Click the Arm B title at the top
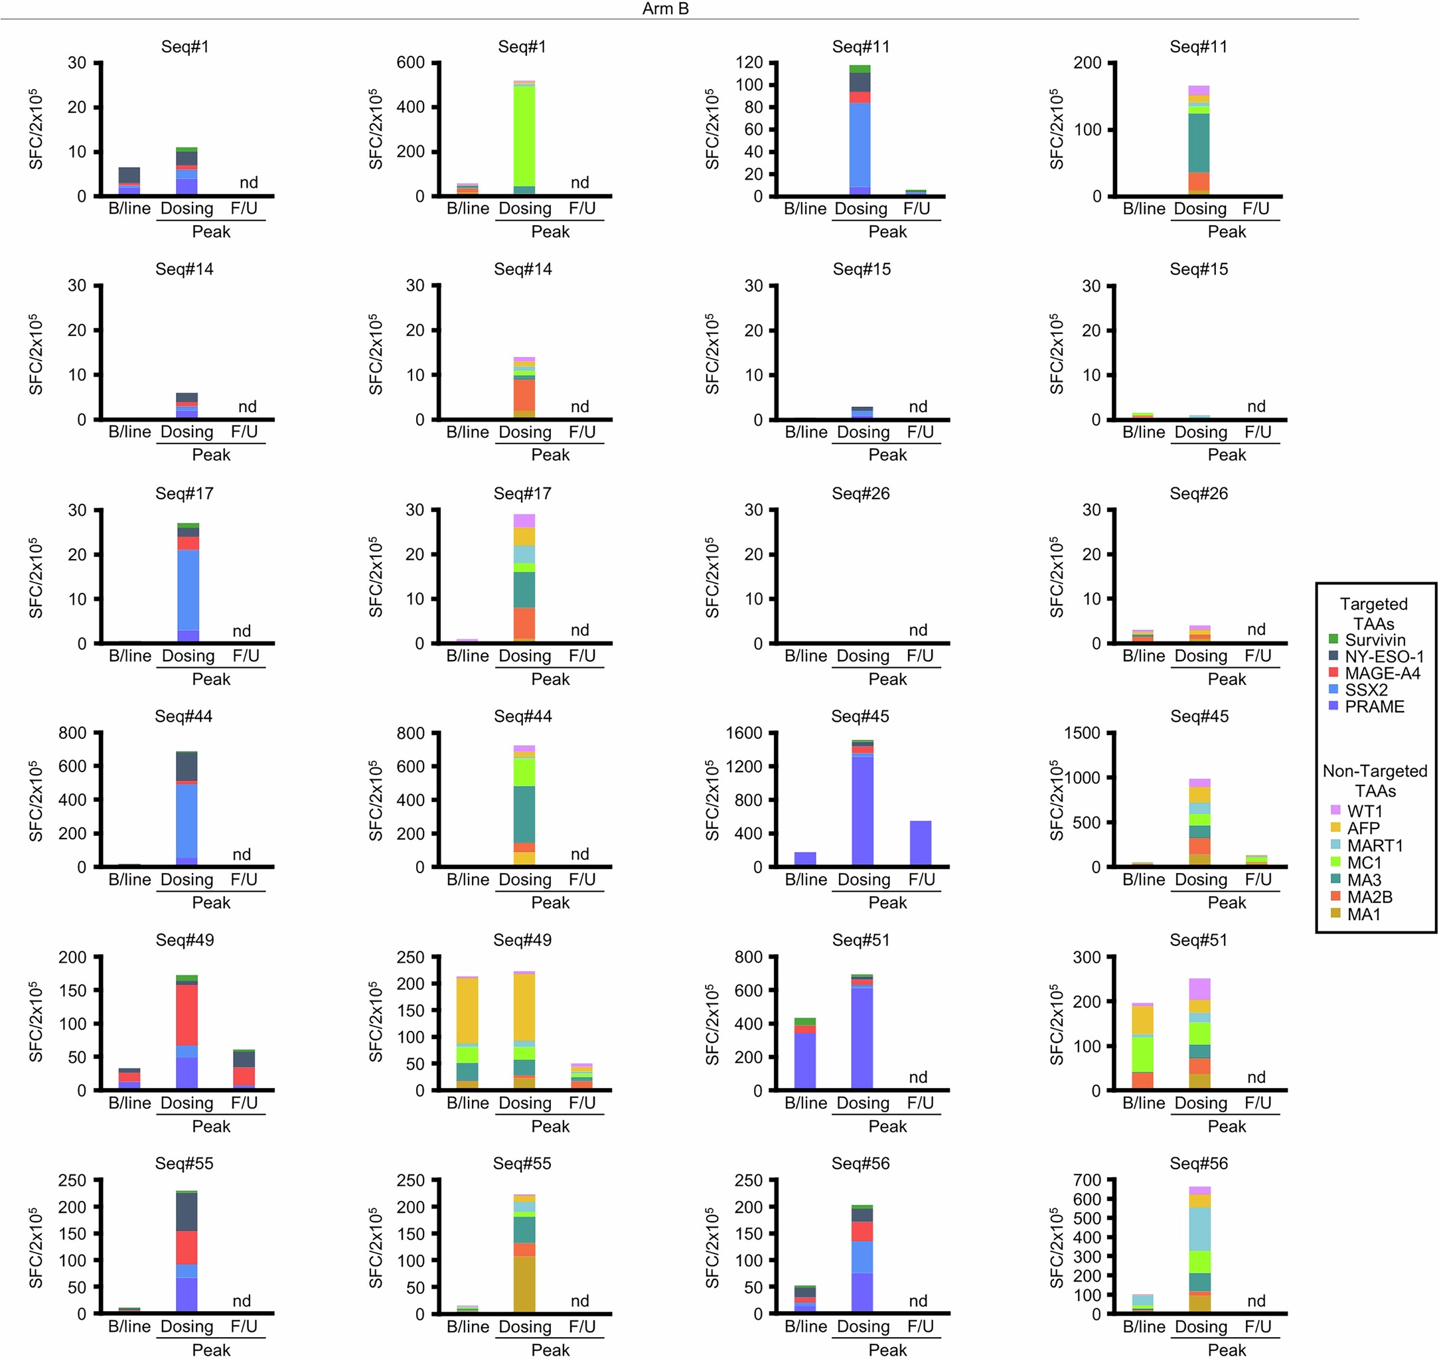click(x=665, y=9)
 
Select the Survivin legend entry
click(x=1375, y=639)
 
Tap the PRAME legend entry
click(x=1374, y=706)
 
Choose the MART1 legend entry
click(x=1374, y=845)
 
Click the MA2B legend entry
click(x=1369, y=897)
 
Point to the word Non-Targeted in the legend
click(x=1374, y=771)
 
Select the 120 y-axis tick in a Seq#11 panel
click(x=749, y=63)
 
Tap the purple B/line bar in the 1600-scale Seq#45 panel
click(x=804, y=858)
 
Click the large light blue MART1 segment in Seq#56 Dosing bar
click(x=1199, y=1229)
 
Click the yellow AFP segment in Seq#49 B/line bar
click(x=467, y=1010)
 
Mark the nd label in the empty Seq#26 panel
click(x=917, y=629)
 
